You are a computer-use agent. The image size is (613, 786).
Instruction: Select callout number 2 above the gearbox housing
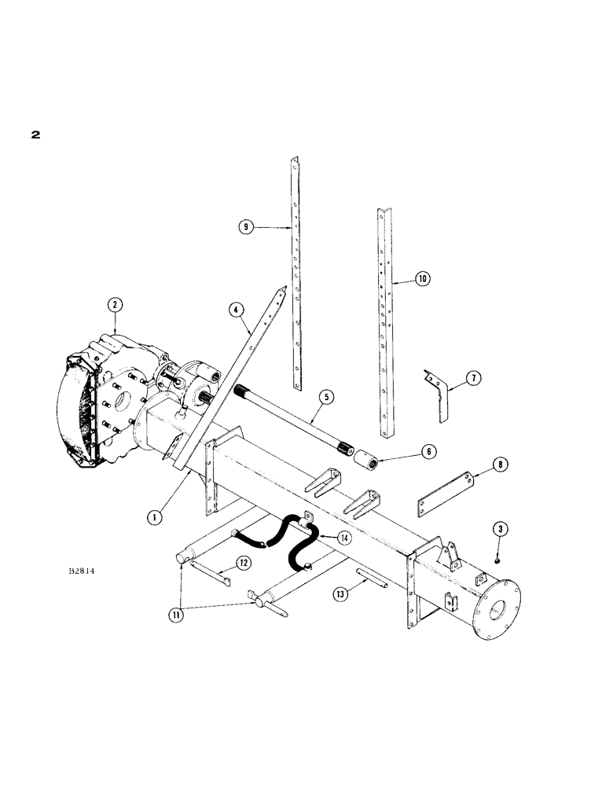(x=115, y=305)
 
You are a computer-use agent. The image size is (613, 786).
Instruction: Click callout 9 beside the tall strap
(x=247, y=227)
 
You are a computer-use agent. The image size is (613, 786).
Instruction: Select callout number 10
(x=421, y=278)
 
